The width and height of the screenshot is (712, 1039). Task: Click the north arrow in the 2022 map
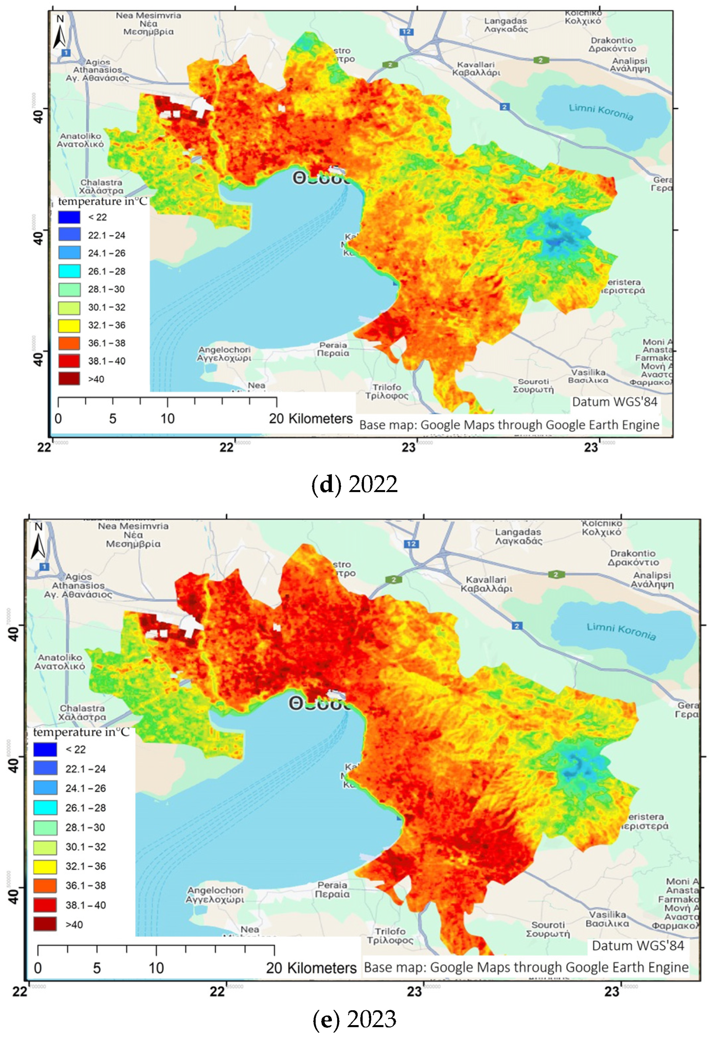(60, 31)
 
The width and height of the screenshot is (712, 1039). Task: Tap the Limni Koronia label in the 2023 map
(621, 631)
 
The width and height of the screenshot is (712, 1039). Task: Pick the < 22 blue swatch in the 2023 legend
(45, 749)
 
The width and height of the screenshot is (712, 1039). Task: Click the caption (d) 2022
(354, 484)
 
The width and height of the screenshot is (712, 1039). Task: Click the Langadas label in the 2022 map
(506, 25)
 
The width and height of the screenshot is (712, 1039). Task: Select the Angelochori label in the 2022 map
(224, 354)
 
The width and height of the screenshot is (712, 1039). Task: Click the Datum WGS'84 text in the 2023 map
(638, 946)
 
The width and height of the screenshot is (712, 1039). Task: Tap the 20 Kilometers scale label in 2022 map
(310, 419)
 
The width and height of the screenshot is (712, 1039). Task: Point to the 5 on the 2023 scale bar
(97, 968)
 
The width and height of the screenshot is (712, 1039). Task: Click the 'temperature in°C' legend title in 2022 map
(103, 202)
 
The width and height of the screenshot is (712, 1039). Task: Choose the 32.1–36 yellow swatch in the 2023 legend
(45, 866)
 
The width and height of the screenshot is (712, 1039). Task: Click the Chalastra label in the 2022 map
(101, 186)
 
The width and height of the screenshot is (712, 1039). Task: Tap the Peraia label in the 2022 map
(333, 349)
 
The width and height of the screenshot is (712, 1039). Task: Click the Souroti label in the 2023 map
(548, 929)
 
